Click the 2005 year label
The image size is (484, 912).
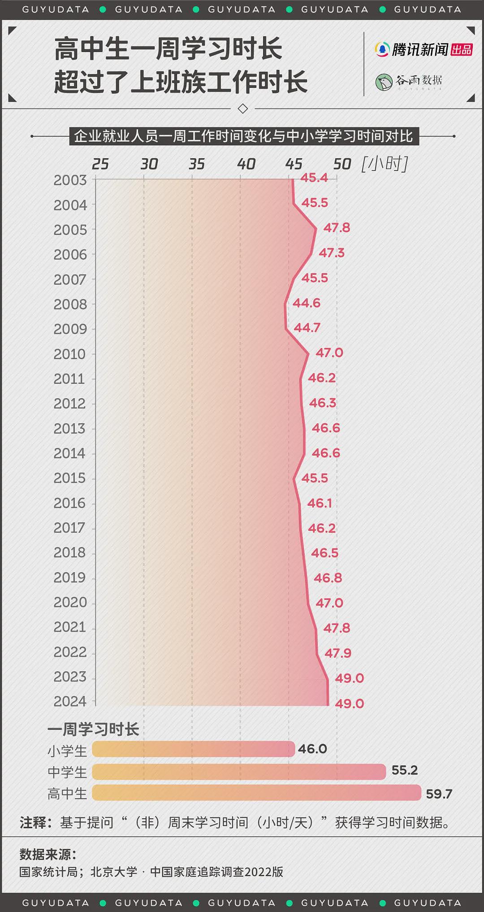coord(70,230)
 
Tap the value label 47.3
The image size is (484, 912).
coord(332,253)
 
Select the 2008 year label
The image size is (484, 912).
coord(70,304)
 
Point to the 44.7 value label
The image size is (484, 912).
coord(307,328)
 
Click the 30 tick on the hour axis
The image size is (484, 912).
coord(149,164)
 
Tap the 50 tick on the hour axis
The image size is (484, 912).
coord(342,164)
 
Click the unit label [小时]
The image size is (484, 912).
coord(385,164)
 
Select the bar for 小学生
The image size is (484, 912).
coord(194,749)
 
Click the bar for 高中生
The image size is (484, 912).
coord(257,793)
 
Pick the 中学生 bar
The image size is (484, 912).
coord(239,772)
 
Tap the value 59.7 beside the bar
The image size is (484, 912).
coord(439,794)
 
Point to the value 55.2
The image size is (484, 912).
coord(405,770)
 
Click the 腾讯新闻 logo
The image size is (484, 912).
coord(423,49)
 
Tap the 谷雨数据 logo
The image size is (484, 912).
coord(409,82)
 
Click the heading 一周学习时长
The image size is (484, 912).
coord(93,730)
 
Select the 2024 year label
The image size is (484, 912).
coord(70,701)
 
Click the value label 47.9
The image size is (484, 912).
coord(338,653)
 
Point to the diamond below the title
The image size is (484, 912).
coord(243,109)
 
